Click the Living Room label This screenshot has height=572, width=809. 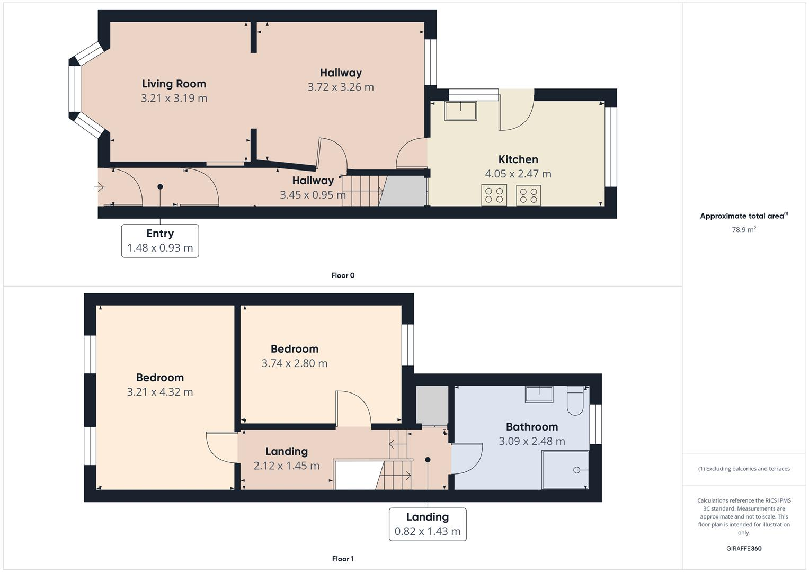[x=174, y=84]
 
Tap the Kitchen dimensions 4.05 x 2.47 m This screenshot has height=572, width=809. [x=518, y=174]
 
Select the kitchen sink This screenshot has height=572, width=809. [x=460, y=111]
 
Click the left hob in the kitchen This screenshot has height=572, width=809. [x=494, y=195]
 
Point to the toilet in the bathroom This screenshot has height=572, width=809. [x=575, y=401]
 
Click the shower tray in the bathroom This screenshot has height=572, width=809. [x=565, y=470]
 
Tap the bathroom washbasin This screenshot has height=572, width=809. [x=539, y=394]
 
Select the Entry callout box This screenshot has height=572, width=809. [x=160, y=241]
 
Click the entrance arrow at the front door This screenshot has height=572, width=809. [x=99, y=187]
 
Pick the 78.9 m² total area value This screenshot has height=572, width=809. [x=743, y=230]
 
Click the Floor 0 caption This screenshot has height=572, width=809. [x=343, y=275]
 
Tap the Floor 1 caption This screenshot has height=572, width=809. [x=343, y=559]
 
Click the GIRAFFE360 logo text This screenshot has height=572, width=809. [x=743, y=548]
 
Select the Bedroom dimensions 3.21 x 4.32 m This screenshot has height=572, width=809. [x=159, y=392]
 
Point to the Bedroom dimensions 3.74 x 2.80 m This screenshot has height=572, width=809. [x=294, y=363]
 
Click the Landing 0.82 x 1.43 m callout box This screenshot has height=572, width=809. [x=428, y=524]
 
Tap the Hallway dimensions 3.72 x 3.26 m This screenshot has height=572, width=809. [x=340, y=87]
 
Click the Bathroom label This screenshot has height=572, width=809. [x=531, y=427]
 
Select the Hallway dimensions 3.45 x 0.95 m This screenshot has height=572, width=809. [x=313, y=195]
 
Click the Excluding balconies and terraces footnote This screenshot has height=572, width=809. [x=743, y=469]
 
